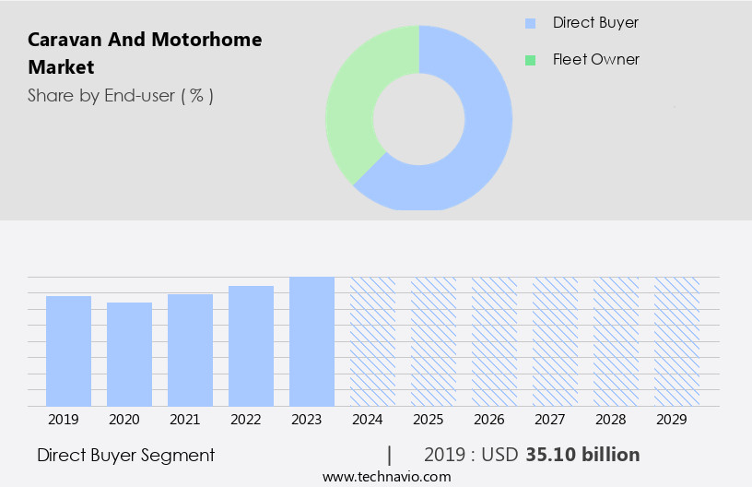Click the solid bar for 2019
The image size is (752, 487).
[68, 350]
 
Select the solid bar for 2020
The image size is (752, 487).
[129, 354]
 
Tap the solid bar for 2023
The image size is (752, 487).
[311, 341]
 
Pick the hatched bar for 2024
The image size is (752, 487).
[372, 341]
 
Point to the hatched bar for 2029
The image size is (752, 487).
[676, 341]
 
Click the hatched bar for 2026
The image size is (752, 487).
[494, 341]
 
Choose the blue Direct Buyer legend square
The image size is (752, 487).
[530, 23]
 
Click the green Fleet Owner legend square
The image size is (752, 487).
[530, 60]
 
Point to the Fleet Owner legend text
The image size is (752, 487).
[595, 60]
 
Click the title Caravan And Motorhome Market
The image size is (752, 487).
[145, 53]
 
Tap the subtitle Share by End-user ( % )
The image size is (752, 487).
[121, 95]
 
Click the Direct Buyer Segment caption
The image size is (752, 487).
[125, 455]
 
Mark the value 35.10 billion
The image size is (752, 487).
[582, 455]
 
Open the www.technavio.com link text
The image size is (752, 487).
[386, 477]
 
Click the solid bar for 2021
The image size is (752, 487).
[190, 350]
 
